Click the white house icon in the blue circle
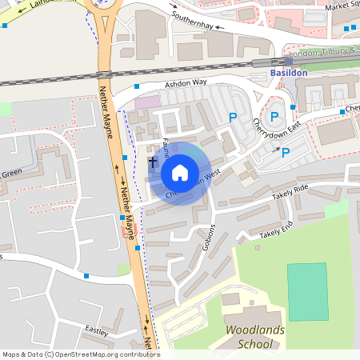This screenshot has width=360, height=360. click(x=179, y=172)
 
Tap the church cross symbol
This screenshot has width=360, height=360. click(x=153, y=162)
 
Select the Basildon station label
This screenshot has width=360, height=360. click(x=289, y=73)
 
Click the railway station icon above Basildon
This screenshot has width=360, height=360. click(x=288, y=61)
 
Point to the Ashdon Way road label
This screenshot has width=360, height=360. click(x=186, y=82)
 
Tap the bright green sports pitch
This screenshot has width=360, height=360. click(x=307, y=292)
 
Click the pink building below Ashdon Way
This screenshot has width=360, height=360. click(x=146, y=102)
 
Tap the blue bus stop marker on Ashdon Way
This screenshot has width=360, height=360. click(x=137, y=86)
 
